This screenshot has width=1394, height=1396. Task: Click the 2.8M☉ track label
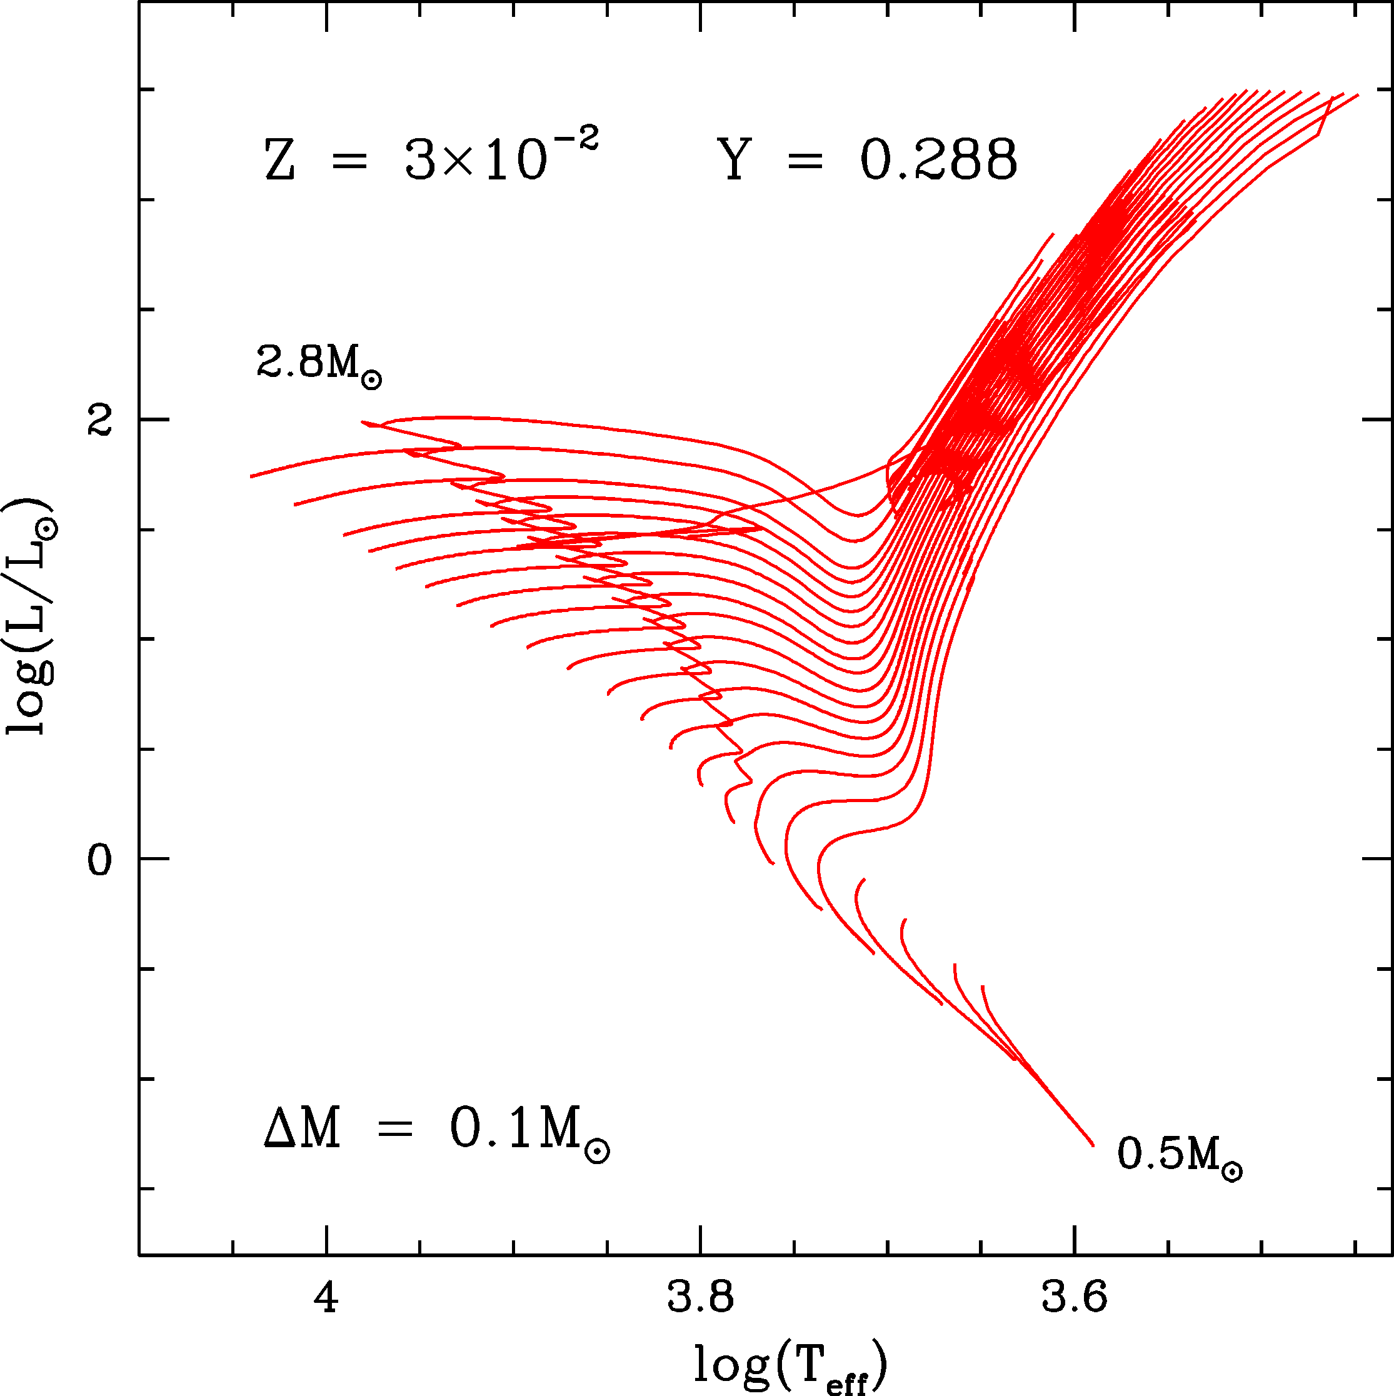pos(319,363)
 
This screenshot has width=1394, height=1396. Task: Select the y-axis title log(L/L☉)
pos(31,616)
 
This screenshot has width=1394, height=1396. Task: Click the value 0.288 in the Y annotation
pos(939,161)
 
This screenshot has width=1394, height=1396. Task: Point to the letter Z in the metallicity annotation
pos(279,161)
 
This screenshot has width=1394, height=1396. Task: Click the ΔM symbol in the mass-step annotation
pos(302,1130)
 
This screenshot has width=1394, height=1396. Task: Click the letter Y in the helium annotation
pos(735,161)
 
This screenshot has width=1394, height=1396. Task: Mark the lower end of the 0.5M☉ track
pos(1092,1145)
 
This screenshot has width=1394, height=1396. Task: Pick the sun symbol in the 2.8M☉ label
pos(371,380)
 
